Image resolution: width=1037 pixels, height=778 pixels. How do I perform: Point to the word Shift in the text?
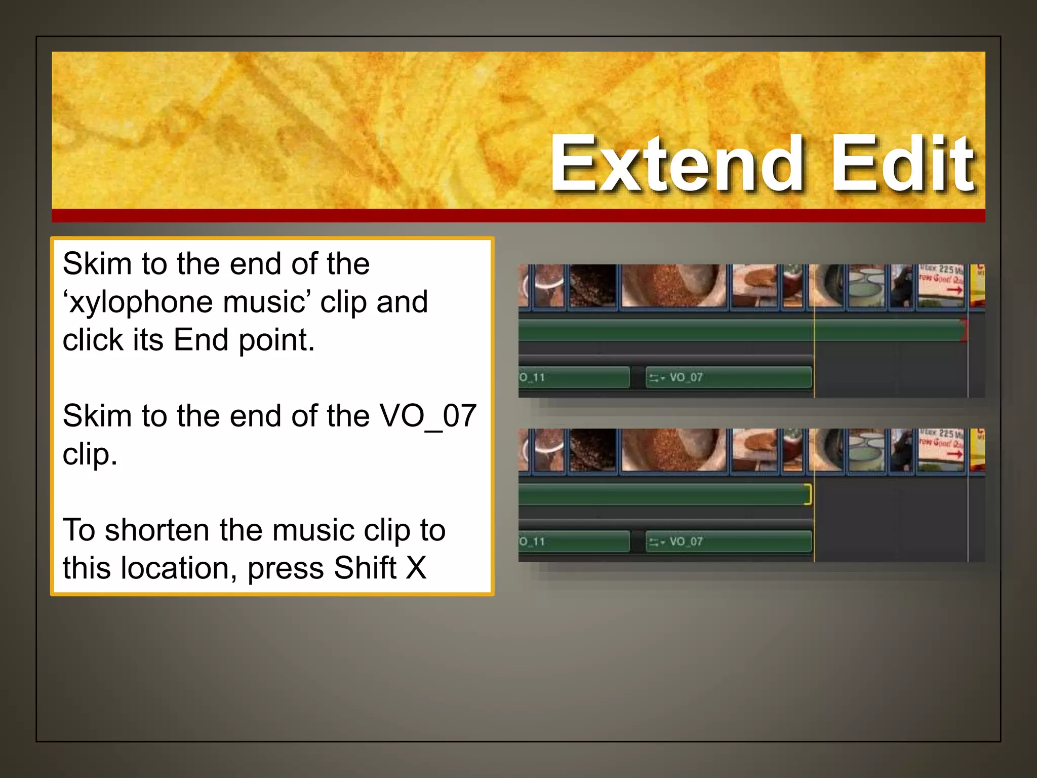[365, 568]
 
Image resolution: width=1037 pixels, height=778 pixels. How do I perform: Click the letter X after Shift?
[416, 568]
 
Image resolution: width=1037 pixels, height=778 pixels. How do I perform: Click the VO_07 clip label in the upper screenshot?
[686, 377]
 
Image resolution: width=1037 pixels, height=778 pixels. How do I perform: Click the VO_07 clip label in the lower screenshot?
[686, 541]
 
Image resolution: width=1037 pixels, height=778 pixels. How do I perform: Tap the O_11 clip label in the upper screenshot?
[532, 377]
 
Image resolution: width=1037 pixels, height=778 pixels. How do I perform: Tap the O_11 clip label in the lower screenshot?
[532, 541]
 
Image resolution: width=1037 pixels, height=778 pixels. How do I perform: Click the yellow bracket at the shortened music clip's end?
[809, 494]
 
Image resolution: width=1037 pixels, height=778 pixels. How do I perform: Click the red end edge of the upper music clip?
[965, 330]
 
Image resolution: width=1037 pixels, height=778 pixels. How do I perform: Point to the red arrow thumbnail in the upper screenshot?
[942, 285]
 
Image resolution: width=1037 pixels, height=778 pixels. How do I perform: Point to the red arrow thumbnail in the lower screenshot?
[942, 449]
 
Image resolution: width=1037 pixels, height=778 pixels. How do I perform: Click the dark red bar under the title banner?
[518, 215]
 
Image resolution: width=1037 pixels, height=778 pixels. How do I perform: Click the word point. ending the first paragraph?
[276, 340]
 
